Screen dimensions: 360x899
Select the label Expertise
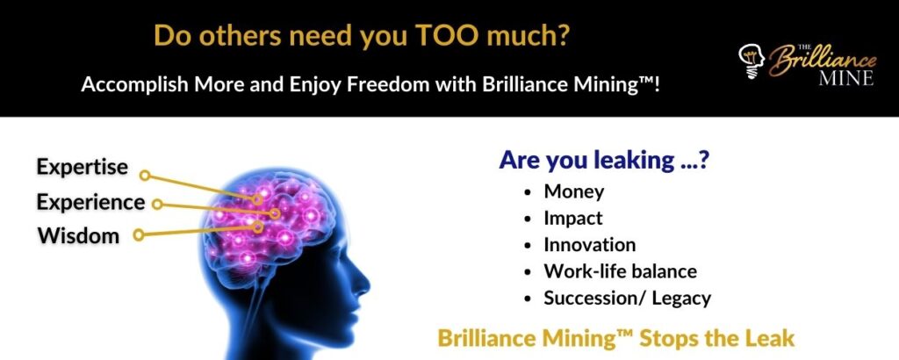[x=82, y=167]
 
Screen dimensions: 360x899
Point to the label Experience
[x=90, y=202]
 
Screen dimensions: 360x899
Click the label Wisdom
[x=78, y=235]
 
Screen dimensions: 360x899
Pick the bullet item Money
[x=574, y=191]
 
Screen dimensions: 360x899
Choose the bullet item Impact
[x=573, y=218]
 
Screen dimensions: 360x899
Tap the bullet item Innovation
[x=589, y=245]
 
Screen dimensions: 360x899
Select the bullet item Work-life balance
[x=620, y=271]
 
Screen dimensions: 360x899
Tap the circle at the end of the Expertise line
[x=145, y=175]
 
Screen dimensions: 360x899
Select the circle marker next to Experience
[x=158, y=205]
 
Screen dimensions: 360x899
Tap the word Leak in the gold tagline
[x=772, y=338]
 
